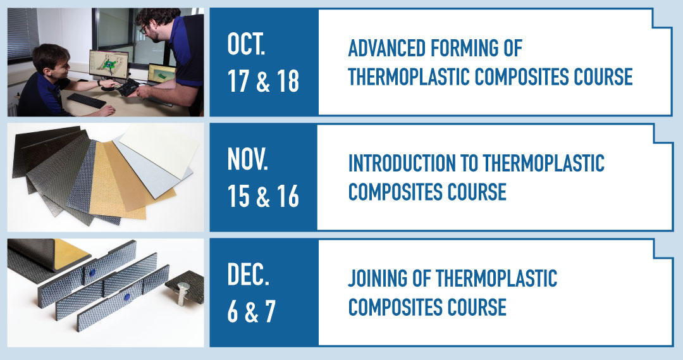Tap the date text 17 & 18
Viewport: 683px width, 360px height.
262,82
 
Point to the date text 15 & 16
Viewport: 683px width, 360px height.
262,197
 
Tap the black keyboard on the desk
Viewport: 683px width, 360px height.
85,99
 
